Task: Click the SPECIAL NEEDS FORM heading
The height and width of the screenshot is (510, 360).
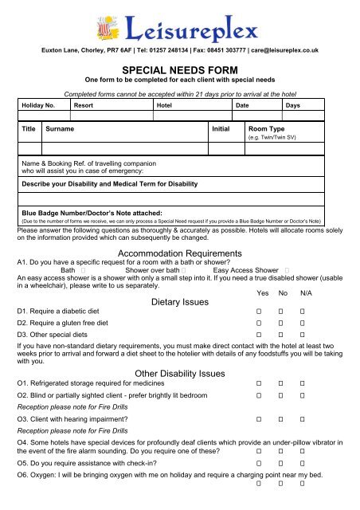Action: (179, 70)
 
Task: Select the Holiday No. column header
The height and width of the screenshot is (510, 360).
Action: (38, 105)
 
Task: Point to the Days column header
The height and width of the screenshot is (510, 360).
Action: (293, 105)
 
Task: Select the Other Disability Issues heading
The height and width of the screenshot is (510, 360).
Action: (179, 373)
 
